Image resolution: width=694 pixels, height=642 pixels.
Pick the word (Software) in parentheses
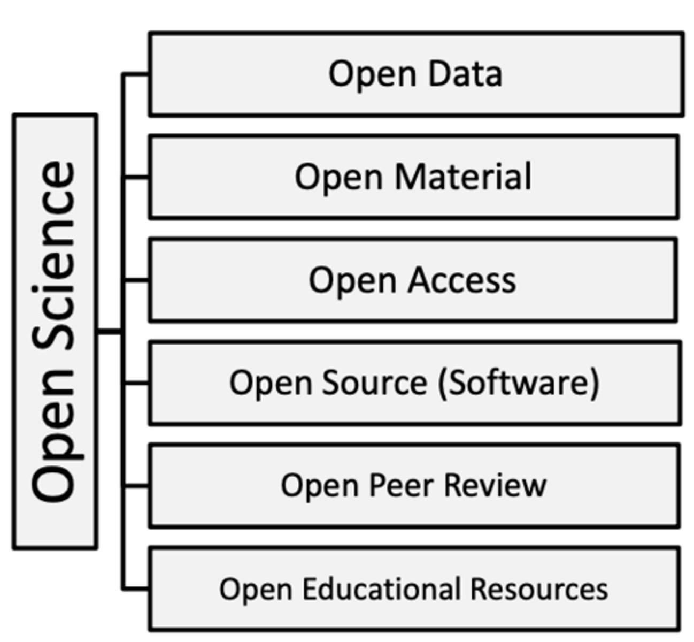(x=518, y=383)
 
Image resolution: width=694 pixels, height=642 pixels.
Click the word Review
(x=495, y=485)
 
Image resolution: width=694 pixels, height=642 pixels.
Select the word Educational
(x=381, y=588)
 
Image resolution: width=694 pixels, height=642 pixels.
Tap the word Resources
(x=539, y=588)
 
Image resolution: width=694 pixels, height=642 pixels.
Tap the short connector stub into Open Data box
(x=136, y=74)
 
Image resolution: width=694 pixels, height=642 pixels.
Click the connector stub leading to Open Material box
(x=136, y=177)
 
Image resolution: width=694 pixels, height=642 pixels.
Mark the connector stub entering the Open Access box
(x=136, y=280)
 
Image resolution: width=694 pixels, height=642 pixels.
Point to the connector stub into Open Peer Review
(x=136, y=486)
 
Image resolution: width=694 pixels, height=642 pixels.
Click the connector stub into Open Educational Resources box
(x=136, y=589)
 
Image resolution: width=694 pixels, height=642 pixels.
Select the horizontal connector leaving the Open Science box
(x=110, y=332)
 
